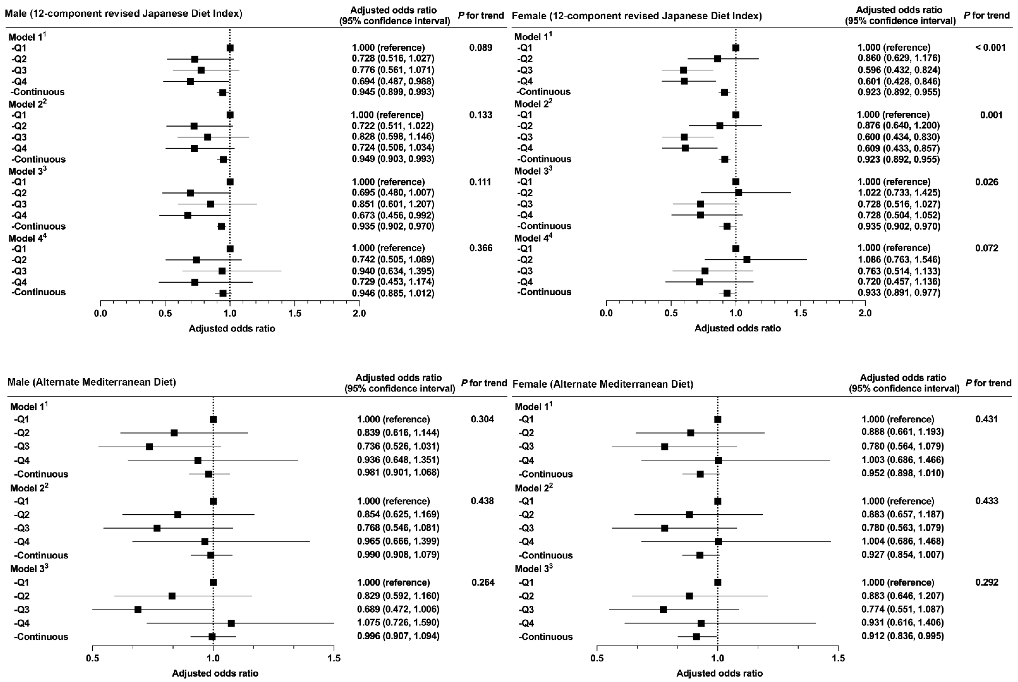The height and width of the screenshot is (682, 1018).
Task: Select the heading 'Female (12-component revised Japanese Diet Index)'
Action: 637,16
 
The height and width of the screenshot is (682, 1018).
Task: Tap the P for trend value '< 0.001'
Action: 990,48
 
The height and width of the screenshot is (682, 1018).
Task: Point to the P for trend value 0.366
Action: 481,248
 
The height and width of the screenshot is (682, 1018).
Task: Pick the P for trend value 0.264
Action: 483,582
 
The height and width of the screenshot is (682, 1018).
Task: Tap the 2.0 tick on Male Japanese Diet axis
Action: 359,313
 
